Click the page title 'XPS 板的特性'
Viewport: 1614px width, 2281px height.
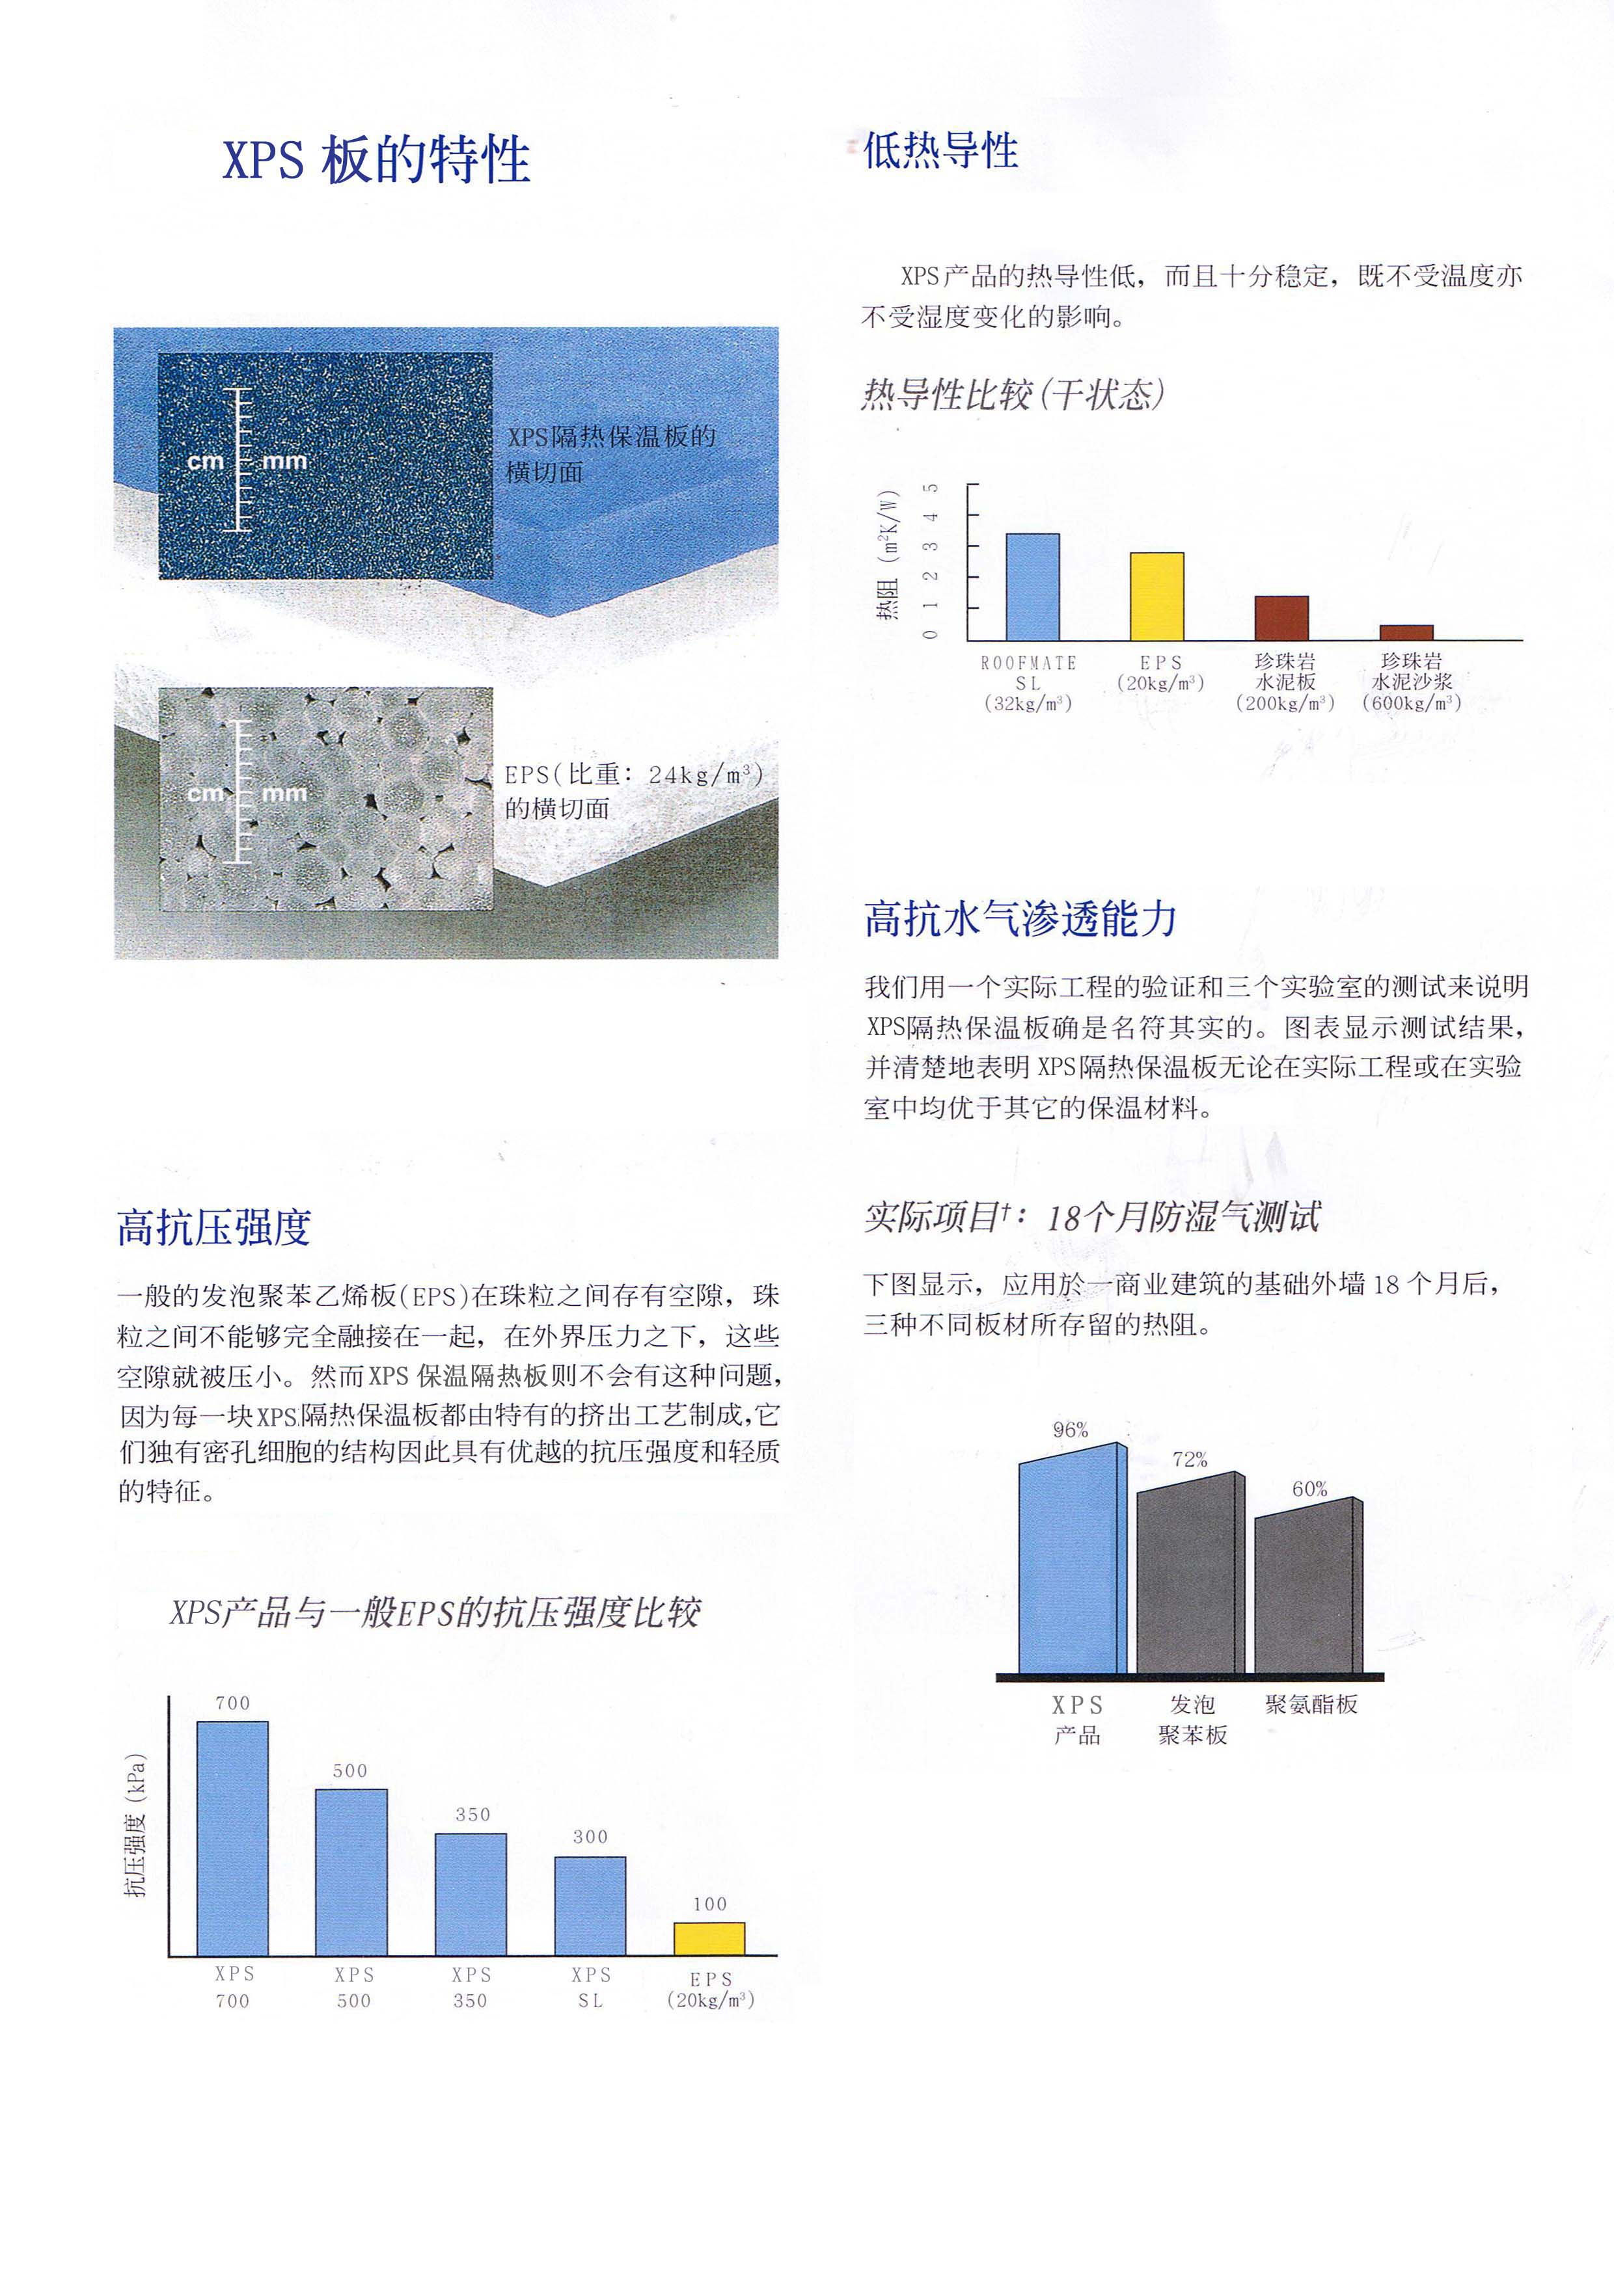[376, 159]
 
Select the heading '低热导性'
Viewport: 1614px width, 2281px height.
[940, 151]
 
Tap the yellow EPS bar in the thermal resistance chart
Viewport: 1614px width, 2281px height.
[1157, 596]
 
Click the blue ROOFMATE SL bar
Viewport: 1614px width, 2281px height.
[1033, 587]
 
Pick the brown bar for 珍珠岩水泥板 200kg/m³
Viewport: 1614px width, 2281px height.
[1281, 618]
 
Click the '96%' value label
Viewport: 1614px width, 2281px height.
[1071, 1430]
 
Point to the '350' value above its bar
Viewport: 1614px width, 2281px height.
[472, 1814]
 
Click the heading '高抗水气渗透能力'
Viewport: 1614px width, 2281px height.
[1020, 919]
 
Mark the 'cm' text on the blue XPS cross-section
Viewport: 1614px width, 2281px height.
[206, 462]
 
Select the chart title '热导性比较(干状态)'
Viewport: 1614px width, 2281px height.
[1012, 394]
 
